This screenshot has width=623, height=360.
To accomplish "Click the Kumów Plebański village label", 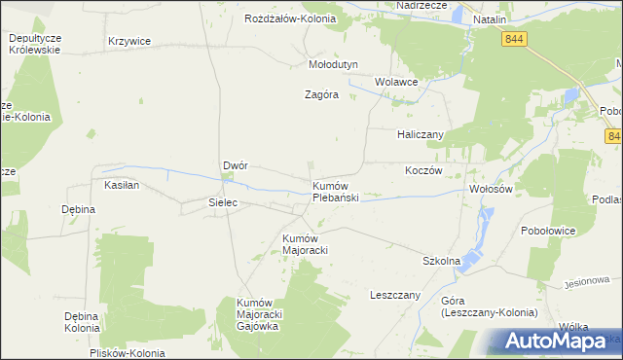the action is point(336,191).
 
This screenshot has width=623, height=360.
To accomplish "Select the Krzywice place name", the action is point(129,41).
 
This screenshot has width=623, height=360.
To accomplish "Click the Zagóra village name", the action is point(321,95).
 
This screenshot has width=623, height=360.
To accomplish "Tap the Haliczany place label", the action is point(421,133).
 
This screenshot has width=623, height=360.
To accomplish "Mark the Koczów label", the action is point(423,169).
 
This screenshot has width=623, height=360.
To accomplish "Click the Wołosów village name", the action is point(491,189).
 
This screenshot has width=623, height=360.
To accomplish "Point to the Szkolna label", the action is point(440,262).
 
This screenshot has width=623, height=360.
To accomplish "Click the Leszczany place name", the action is point(394,294).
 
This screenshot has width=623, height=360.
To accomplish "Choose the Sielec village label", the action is point(224,202).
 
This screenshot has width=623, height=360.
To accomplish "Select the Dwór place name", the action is point(236,165).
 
